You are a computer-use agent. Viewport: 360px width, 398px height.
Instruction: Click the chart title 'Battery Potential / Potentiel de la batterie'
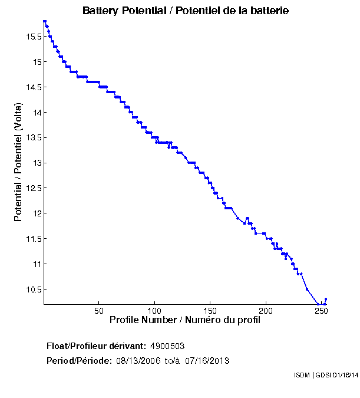point(186,11)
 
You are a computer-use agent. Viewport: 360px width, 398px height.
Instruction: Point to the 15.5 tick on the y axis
point(33,37)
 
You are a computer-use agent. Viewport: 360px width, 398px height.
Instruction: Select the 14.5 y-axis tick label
point(33,87)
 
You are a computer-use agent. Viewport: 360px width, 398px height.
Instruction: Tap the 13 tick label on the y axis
point(37,163)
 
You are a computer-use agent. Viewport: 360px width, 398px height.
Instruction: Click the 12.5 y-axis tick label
point(33,188)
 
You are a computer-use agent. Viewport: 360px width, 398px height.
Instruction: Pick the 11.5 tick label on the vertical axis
point(33,239)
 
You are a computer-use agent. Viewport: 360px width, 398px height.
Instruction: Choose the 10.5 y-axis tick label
point(33,290)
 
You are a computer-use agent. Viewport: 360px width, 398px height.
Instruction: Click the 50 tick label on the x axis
point(99,311)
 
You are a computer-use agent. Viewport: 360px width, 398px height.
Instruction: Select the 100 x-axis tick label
point(154,311)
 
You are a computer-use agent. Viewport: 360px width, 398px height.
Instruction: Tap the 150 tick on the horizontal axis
point(210,311)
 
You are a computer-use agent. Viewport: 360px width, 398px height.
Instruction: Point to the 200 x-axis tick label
point(266,311)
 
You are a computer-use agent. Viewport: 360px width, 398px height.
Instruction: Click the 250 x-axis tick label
point(322,311)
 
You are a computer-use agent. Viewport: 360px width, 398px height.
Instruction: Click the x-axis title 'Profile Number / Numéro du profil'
point(185,320)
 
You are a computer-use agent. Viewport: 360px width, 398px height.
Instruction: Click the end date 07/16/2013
point(207,360)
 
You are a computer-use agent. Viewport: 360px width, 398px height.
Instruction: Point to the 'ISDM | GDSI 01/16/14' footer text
point(325,375)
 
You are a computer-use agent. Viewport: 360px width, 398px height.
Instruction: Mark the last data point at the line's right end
point(326,300)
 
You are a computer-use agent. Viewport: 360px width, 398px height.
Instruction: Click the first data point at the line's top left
point(45,21)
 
